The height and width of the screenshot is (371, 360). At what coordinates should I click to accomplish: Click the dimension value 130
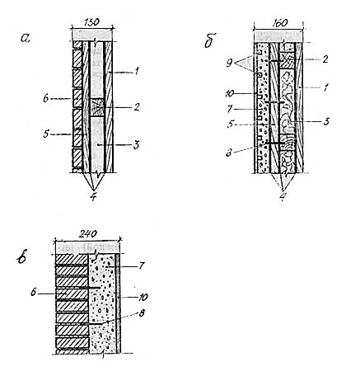pos(92,22)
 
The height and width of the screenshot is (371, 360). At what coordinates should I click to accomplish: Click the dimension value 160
pos(279,22)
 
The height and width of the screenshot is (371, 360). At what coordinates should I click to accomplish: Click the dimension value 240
pos(88,234)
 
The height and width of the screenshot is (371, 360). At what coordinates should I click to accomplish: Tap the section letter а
pos(25,38)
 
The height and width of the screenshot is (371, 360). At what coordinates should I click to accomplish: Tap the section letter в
pos(21,258)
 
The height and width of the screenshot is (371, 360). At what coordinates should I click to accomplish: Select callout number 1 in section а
pos(136,73)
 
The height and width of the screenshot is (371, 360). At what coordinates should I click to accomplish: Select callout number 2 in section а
pos(136,106)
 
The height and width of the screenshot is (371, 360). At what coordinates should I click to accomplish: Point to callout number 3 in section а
pos(136,145)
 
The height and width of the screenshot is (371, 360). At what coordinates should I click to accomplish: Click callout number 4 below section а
pos(94,197)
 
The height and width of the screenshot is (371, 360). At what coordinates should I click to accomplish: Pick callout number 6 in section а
pos(46,99)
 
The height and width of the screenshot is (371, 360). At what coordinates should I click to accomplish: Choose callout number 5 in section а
pos(46,134)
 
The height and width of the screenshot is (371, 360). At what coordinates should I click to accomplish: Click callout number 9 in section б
pos(230,63)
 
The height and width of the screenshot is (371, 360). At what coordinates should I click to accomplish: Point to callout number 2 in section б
pos(325,59)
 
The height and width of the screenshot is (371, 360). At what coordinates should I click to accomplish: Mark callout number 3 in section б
pos(326,121)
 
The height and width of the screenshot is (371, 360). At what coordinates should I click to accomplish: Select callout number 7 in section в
pos(142,265)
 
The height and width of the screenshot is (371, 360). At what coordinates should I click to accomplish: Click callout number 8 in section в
pos(142,313)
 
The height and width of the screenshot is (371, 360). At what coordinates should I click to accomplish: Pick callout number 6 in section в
pos(34,293)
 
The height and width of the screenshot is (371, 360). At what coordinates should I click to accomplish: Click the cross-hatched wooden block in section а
pos(97,107)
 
